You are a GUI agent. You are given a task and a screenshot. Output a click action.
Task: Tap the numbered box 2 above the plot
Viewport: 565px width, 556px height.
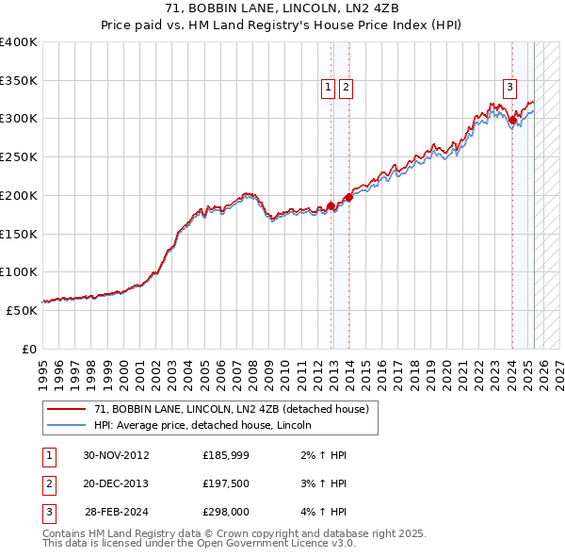tap(346, 89)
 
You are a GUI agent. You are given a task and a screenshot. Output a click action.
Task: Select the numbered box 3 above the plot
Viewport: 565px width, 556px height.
tap(509, 89)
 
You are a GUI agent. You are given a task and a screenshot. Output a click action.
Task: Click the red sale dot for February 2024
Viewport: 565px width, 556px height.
tap(512, 120)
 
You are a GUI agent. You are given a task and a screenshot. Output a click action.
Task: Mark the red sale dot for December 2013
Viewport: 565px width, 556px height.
tap(348, 197)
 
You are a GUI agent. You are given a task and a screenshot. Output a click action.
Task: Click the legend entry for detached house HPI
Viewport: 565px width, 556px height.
tap(208, 426)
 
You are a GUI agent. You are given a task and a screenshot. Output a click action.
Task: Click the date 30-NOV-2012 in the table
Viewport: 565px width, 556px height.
tap(116, 455)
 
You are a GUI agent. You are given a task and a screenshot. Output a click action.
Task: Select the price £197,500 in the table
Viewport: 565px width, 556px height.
tap(225, 483)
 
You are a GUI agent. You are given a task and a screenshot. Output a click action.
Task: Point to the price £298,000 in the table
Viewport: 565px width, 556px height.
tap(225, 512)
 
